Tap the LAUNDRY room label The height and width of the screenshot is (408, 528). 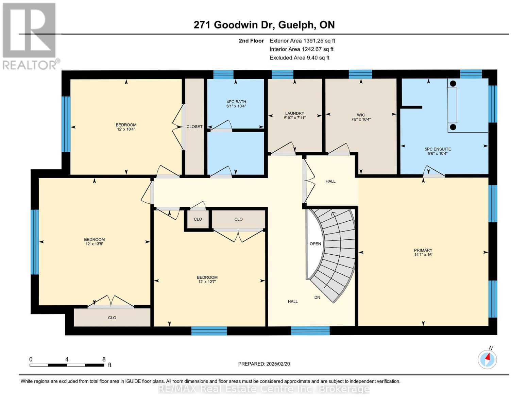click(294, 114)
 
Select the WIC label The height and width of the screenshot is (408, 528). click(361, 115)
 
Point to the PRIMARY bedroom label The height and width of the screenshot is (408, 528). click(423, 250)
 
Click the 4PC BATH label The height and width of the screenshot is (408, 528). click(236, 102)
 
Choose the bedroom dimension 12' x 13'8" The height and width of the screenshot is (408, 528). click(94, 244)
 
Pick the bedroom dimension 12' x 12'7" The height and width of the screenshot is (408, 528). click(207, 282)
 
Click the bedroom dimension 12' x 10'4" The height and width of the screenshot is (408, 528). click(126, 129)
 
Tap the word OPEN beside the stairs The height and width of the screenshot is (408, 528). click(315, 244)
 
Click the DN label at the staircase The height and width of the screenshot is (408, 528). click(317, 297)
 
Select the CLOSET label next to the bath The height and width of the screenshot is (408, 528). click(194, 126)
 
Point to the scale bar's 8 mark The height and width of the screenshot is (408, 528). click(104, 359)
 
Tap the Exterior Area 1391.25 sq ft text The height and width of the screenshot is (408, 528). click(302, 41)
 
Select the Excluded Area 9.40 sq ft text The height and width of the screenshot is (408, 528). click(299, 58)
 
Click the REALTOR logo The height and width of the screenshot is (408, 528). click(30, 36)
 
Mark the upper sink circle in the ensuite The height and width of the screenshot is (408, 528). click(453, 83)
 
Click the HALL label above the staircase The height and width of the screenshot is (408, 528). click(330, 181)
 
